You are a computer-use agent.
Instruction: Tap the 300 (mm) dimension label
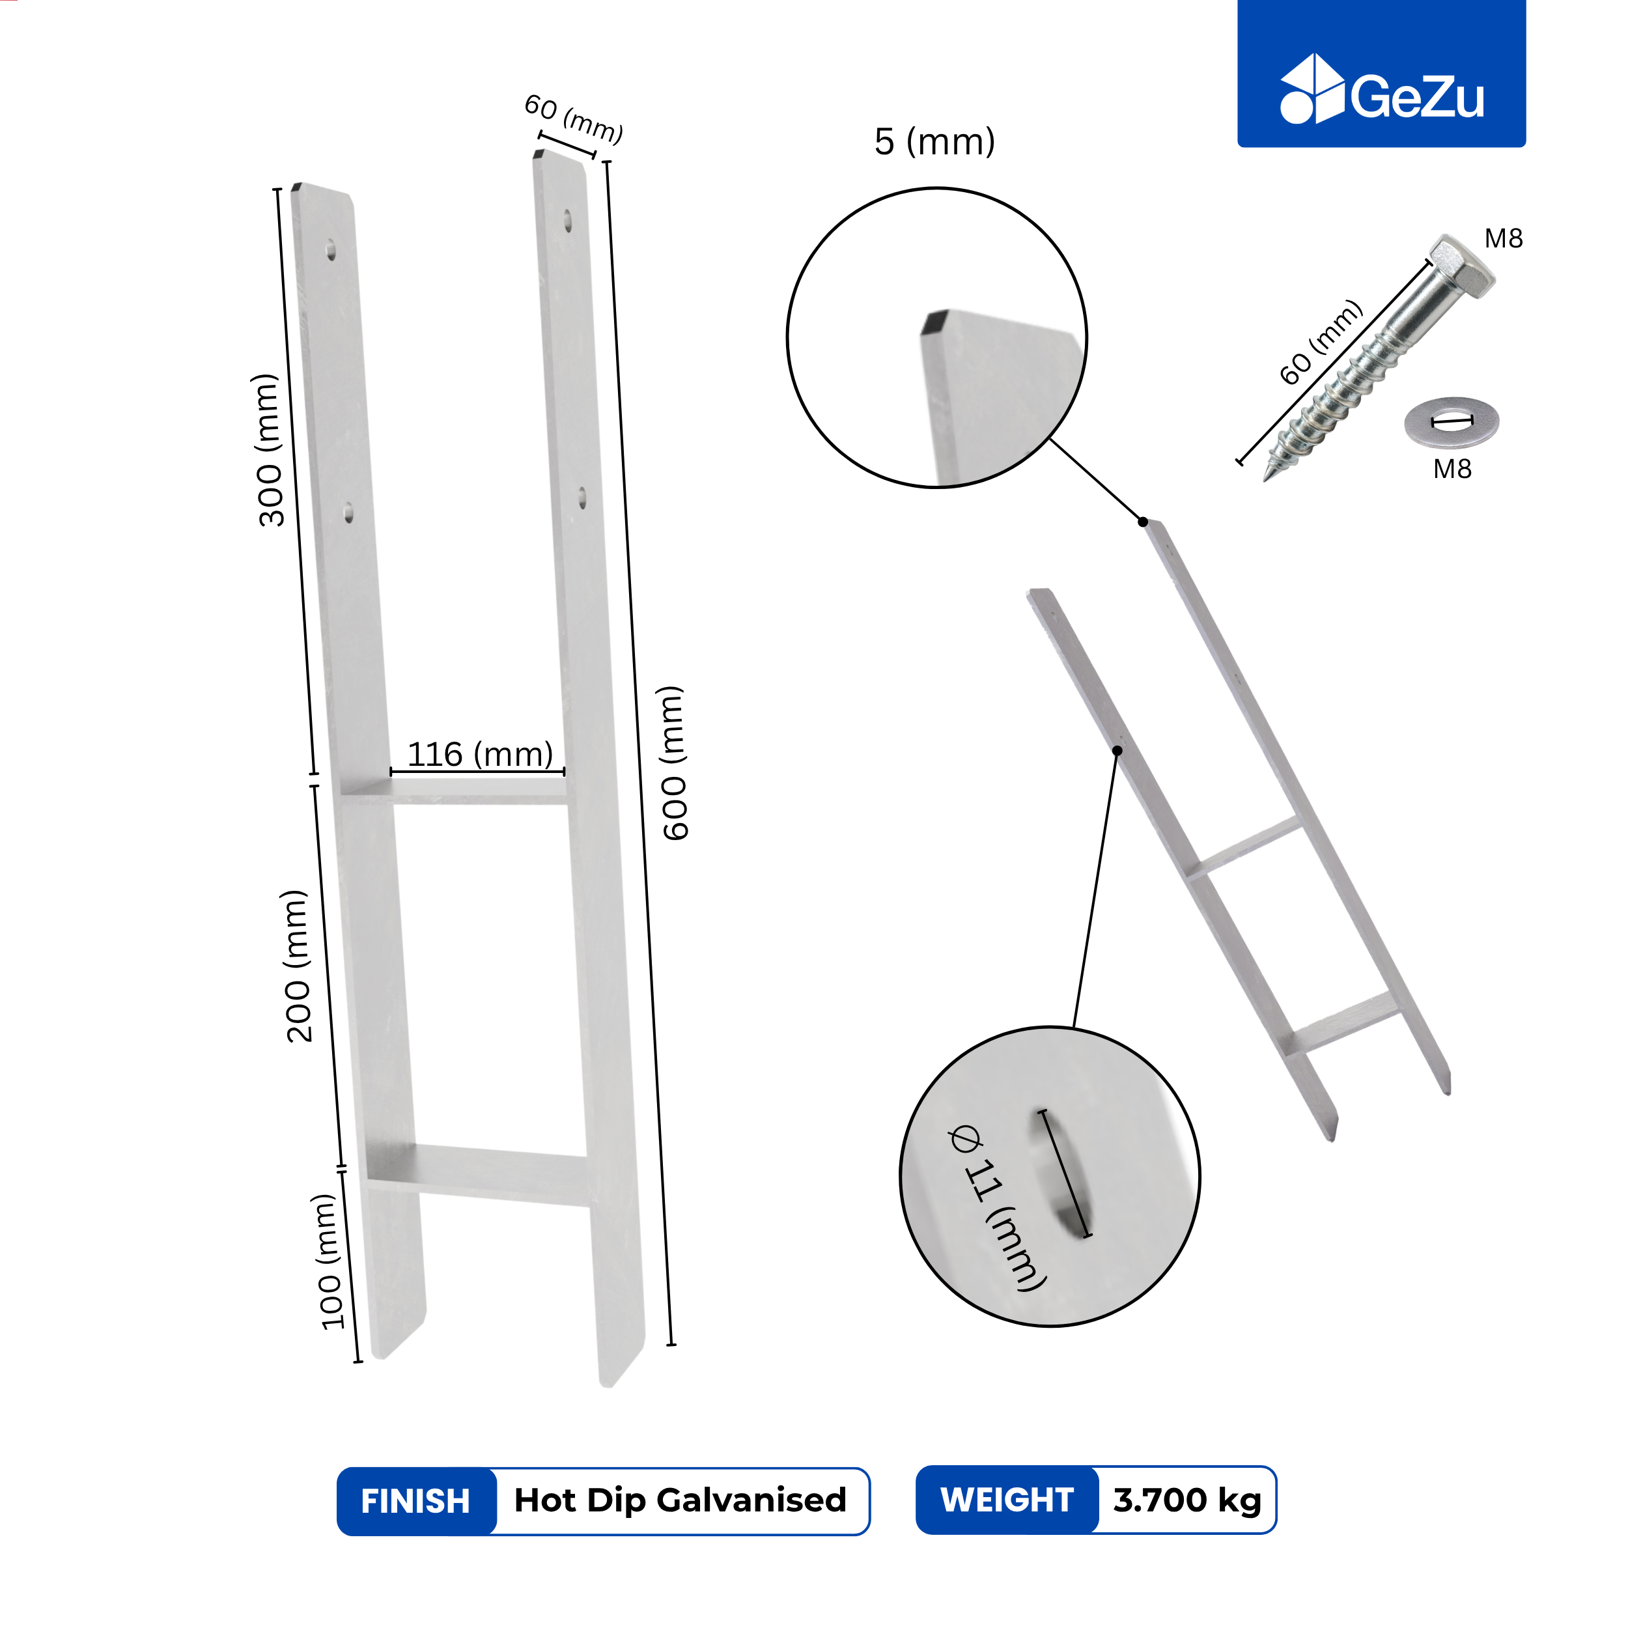pos(270,450)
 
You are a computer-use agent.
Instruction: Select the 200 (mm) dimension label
pos(296,966)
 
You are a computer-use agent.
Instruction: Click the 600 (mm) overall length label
pos(673,763)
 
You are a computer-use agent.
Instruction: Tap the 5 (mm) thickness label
pos(934,141)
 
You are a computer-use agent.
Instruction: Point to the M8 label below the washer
pos(1453,470)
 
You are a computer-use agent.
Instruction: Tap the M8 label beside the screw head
pos(1504,238)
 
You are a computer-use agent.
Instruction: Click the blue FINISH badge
pos(416,1501)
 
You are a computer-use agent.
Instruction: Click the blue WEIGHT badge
pos(1007,1500)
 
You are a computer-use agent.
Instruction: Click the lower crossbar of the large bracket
pos(478,1174)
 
